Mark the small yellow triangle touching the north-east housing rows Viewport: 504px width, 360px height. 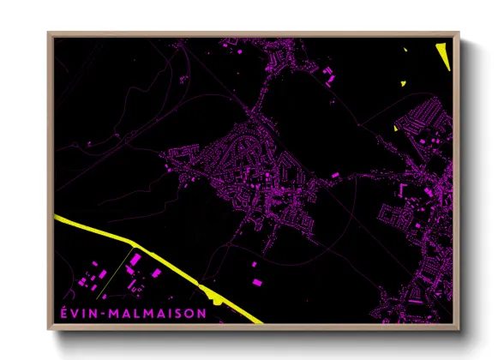point(396,129)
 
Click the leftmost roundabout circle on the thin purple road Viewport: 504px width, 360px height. point(126,136)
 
